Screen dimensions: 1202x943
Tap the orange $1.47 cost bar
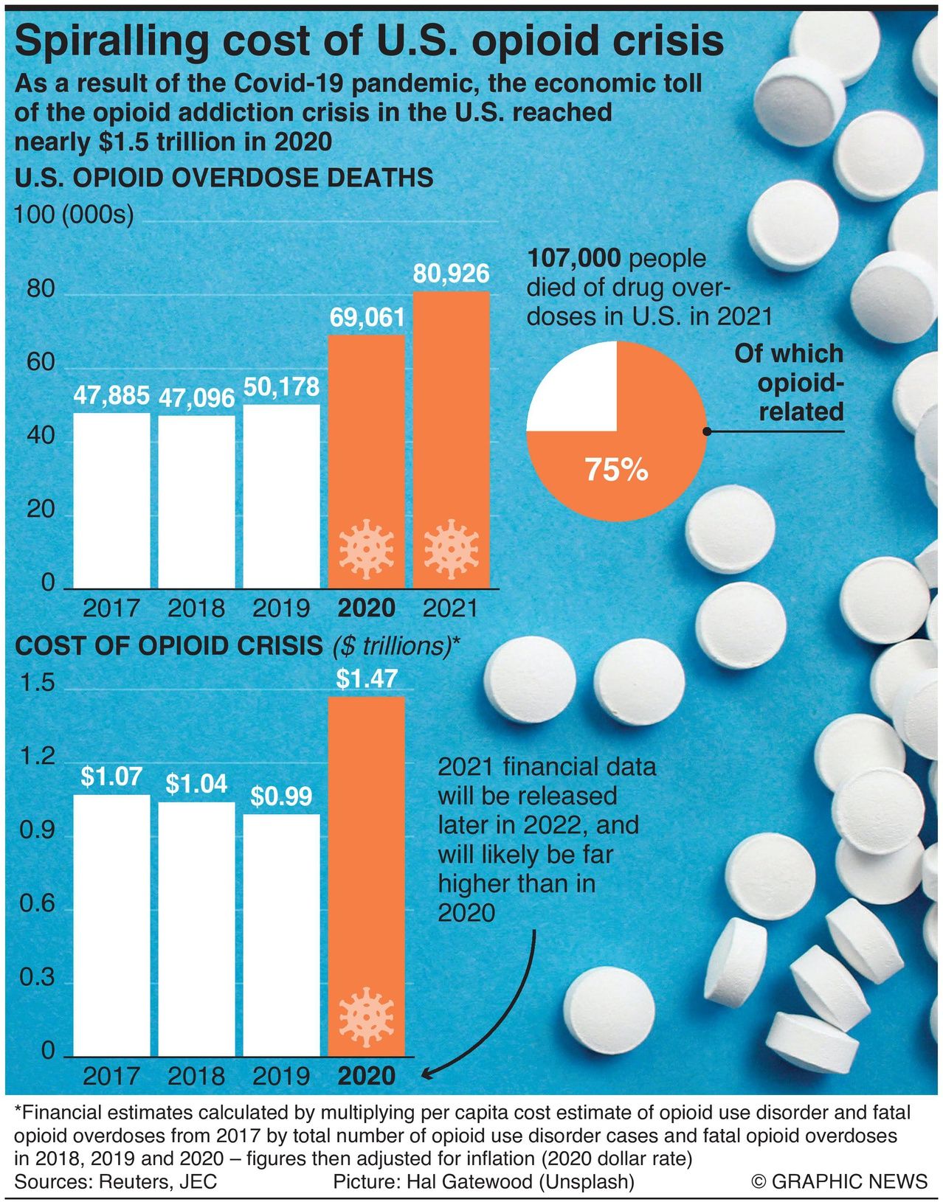coord(367,848)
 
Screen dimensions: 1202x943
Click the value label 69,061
coord(367,318)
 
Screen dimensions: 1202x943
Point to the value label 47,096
coord(196,398)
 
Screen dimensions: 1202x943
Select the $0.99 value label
coord(281,796)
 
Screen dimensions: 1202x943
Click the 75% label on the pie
coord(616,469)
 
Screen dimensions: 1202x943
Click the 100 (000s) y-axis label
coord(74,215)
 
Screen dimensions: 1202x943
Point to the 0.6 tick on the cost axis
coord(37,903)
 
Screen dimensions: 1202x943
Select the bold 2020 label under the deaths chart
coord(366,608)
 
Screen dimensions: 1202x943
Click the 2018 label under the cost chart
coord(196,1076)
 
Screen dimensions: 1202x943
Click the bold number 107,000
coord(574,258)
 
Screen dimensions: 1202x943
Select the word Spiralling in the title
coord(111,41)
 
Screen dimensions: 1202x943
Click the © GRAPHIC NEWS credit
coord(839,1181)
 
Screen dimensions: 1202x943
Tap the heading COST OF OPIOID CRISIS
coord(169,646)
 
